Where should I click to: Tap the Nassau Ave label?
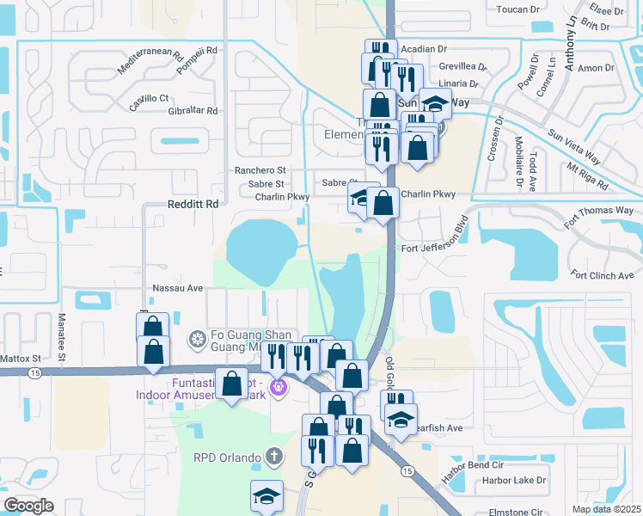point(177,288)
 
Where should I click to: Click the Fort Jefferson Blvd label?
point(437,249)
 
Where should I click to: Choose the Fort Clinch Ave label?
point(602,275)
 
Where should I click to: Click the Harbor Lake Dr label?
point(514,481)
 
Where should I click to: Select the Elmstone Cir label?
point(513,512)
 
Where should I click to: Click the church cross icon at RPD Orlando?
point(273,457)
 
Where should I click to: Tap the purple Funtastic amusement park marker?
point(278,388)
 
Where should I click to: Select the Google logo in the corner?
point(28,506)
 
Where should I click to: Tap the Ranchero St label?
point(260,170)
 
